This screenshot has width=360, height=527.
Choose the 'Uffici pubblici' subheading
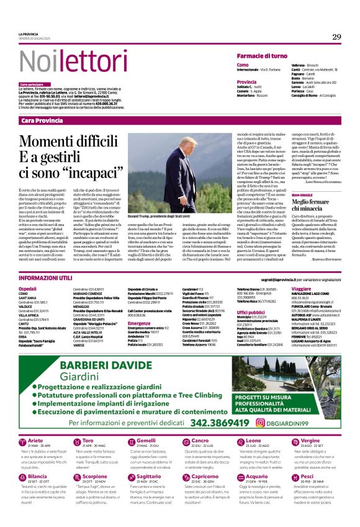(x=251, y=312)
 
